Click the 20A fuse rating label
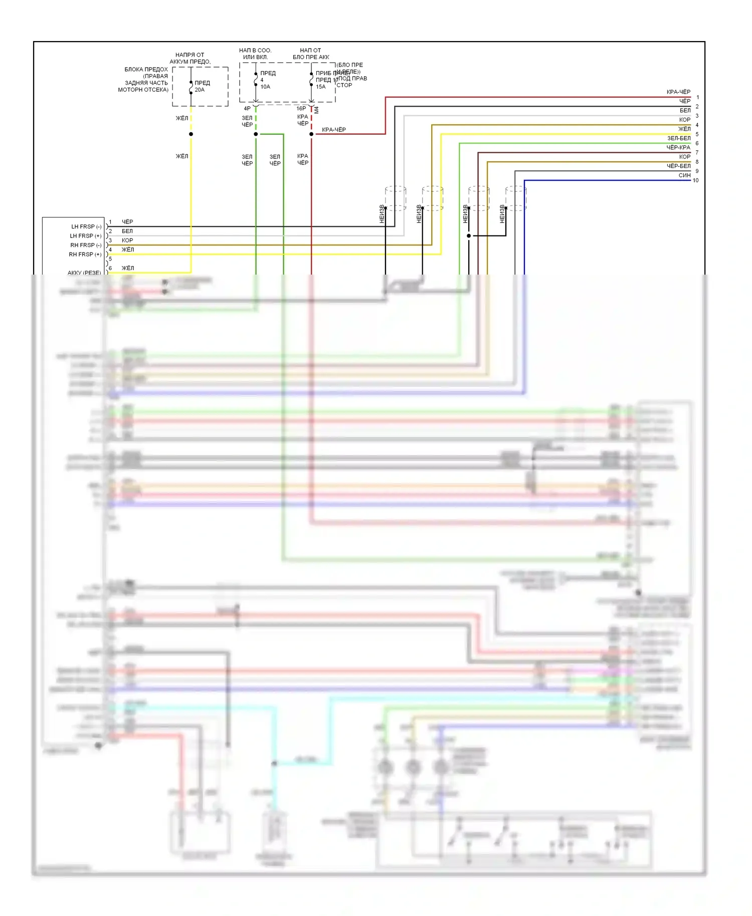click(x=200, y=90)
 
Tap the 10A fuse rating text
click(x=265, y=87)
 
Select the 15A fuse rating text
click(x=320, y=87)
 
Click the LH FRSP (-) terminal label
click(x=86, y=226)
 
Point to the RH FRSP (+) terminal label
click(x=85, y=255)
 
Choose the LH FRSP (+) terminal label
click(x=85, y=236)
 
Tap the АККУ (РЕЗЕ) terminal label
click(x=84, y=273)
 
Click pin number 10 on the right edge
click(x=695, y=180)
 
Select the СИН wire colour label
click(x=684, y=175)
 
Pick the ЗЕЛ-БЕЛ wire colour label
click(x=678, y=138)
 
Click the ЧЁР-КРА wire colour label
click(x=678, y=147)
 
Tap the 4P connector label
click(x=247, y=108)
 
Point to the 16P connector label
click(x=301, y=108)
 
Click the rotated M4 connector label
click(x=316, y=109)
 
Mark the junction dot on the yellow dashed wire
click(x=191, y=134)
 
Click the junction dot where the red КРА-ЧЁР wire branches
click(x=311, y=134)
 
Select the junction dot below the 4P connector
click(x=256, y=134)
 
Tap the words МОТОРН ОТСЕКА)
click(x=143, y=90)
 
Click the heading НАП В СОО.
click(x=255, y=51)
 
